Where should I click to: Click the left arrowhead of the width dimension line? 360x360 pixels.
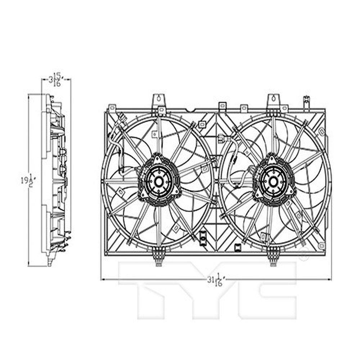(x=103, y=279)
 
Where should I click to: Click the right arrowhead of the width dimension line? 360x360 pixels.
(x=329, y=279)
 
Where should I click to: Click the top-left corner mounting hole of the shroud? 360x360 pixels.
(x=112, y=108)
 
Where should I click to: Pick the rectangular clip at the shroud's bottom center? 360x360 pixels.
(x=202, y=236)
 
